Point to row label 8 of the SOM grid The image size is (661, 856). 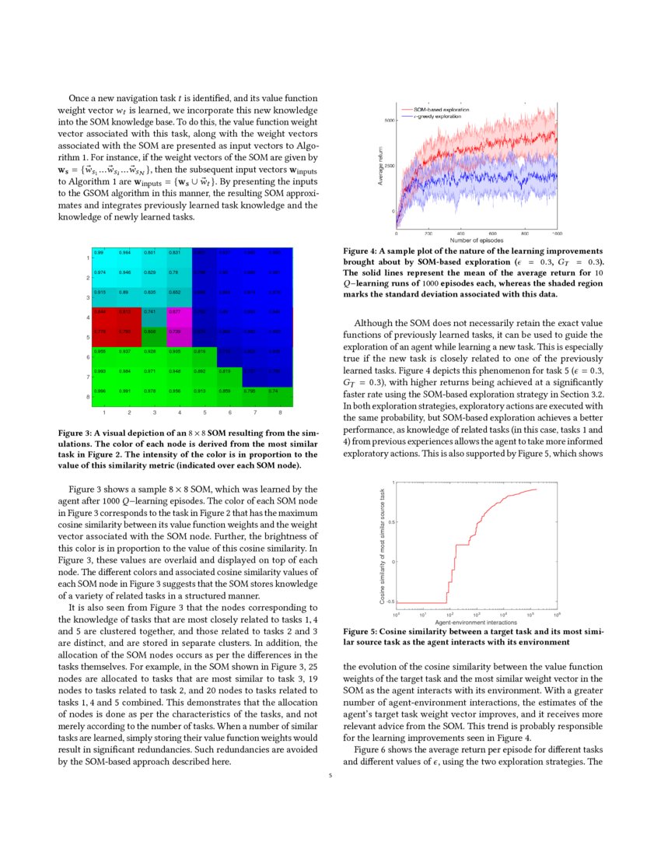(x=88, y=397)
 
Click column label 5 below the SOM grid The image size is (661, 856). (x=205, y=412)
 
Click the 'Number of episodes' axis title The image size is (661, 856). (x=477, y=240)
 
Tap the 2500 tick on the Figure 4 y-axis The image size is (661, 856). (x=389, y=166)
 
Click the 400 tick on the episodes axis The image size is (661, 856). (x=460, y=233)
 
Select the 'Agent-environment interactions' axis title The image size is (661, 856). (x=477, y=623)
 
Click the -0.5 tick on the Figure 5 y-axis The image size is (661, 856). (x=390, y=602)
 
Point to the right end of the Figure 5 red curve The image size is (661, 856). (x=537, y=489)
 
